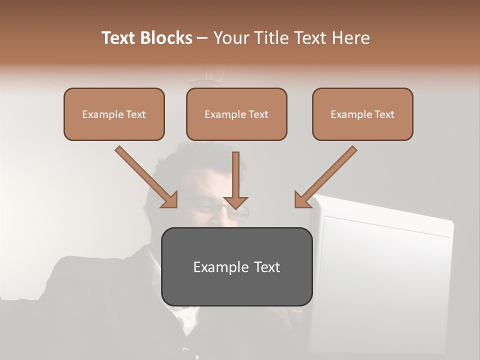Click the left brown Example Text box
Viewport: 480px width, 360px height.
tap(114, 114)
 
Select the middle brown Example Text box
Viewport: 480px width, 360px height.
tap(236, 114)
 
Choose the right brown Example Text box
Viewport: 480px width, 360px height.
tap(362, 114)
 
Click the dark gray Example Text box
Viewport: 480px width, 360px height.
tap(236, 266)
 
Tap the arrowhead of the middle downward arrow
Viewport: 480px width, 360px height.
tap(236, 202)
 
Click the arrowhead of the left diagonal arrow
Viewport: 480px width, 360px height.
tap(170, 200)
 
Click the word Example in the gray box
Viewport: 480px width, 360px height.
tap(217, 267)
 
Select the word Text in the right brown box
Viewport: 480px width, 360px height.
tap(383, 114)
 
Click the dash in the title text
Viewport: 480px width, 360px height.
tap(202, 38)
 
